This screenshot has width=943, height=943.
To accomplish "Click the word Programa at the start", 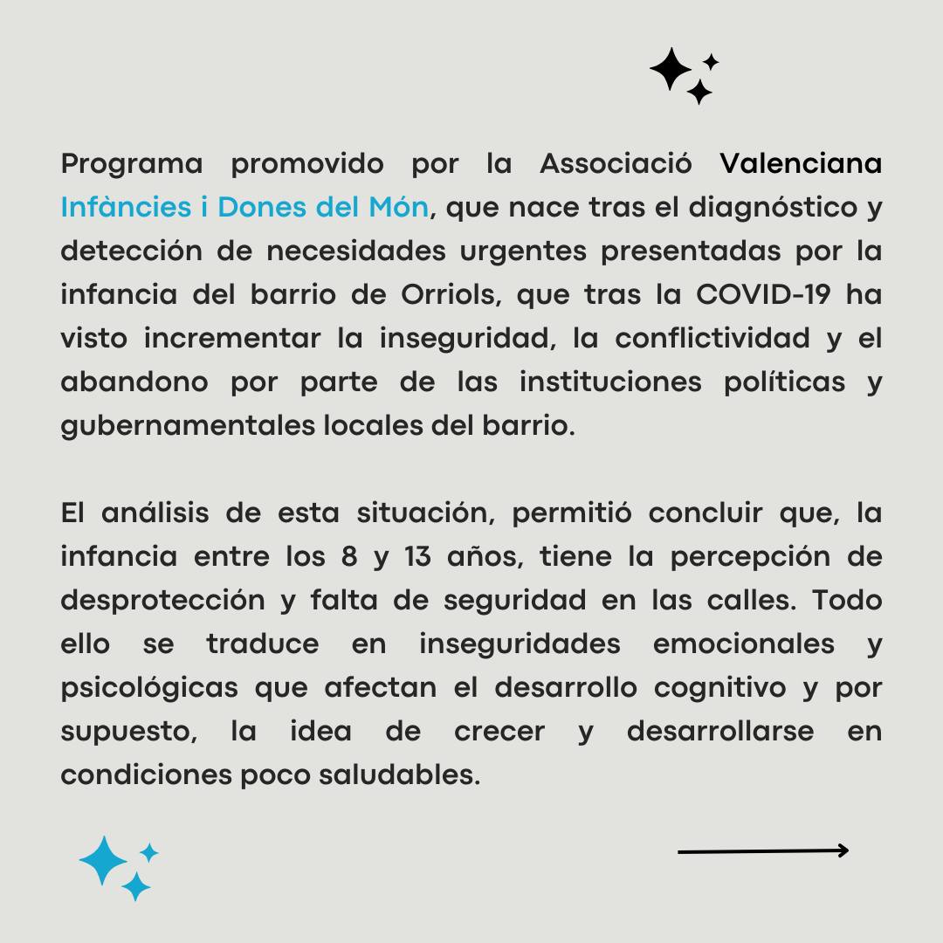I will [x=131, y=164].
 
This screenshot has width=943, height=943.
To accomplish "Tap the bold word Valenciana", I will [x=801, y=164].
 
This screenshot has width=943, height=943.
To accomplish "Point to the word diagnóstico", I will [x=761, y=208].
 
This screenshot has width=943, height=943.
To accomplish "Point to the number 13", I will [x=417, y=557].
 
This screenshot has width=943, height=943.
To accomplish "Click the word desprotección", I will [x=162, y=601].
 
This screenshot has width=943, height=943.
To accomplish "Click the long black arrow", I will [x=762, y=850].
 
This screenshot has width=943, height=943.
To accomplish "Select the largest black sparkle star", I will [x=670, y=69].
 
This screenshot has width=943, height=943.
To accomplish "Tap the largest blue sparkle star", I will [x=103, y=861].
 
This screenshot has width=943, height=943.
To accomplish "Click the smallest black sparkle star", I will [x=712, y=61].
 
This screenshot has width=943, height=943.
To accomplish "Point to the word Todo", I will [x=847, y=601].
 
